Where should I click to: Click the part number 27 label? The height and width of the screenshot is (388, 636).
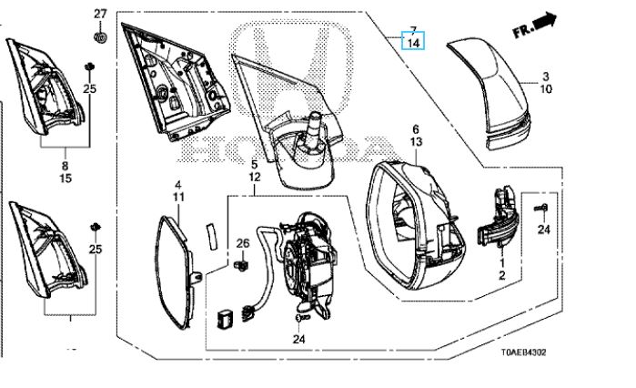100,14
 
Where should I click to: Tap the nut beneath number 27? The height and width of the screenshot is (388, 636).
100,37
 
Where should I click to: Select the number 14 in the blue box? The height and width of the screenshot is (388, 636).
413,42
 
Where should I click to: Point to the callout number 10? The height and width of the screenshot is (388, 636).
546,89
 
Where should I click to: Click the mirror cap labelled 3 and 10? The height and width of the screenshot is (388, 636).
490,93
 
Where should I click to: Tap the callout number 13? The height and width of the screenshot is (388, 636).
416,142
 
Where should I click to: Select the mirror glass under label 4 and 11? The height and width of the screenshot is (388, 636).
175,271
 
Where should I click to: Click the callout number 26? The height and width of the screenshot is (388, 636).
243,243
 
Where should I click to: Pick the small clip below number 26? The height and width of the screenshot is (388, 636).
241,266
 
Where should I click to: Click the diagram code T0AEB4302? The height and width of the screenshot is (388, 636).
523,352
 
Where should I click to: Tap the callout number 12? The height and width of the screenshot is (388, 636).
255,178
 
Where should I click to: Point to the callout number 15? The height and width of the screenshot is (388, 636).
66,178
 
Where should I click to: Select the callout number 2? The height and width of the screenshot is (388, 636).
501,276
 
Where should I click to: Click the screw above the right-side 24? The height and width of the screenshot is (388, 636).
541,209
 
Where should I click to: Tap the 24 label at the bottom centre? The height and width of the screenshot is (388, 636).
298,339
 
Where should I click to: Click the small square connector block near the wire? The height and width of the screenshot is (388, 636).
225,318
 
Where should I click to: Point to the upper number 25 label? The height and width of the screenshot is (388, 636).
90,88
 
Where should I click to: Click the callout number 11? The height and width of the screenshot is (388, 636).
178,198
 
